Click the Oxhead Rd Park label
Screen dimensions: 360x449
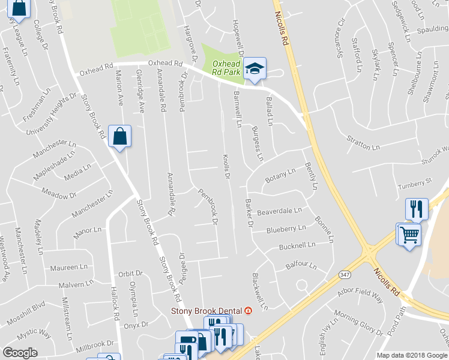[x=226, y=68]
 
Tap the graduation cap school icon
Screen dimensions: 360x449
[x=256, y=68]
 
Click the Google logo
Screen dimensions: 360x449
[x=20, y=353]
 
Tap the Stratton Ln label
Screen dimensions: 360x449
[x=363, y=142]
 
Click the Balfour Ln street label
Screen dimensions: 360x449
[x=300, y=265]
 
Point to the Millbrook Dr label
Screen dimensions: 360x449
[x=95, y=346]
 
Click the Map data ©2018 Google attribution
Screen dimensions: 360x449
[x=411, y=355]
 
